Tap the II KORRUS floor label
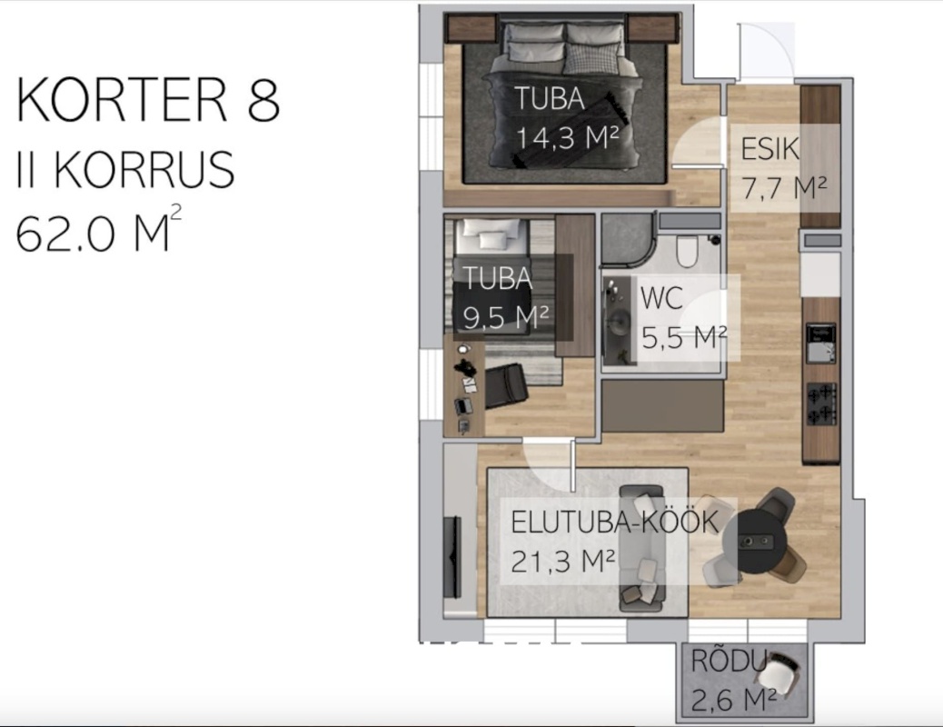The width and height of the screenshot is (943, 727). click(125, 170)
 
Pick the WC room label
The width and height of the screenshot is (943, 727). click(661, 298)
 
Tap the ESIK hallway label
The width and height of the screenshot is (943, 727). click(769, 149)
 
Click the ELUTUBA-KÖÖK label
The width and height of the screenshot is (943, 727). click(615, 522)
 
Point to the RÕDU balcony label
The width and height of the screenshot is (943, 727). click(729, 662)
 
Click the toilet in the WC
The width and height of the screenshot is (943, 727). click(686, 250)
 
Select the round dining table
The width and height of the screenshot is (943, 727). click(755, 542)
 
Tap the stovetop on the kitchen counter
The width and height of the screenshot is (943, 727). click(821, 403)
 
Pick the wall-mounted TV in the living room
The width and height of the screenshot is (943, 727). click(452, 557)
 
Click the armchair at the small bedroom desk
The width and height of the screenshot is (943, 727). click(506, 386)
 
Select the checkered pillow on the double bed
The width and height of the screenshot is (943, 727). click(591, 59)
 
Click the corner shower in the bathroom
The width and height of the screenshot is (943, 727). click(627, 239)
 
